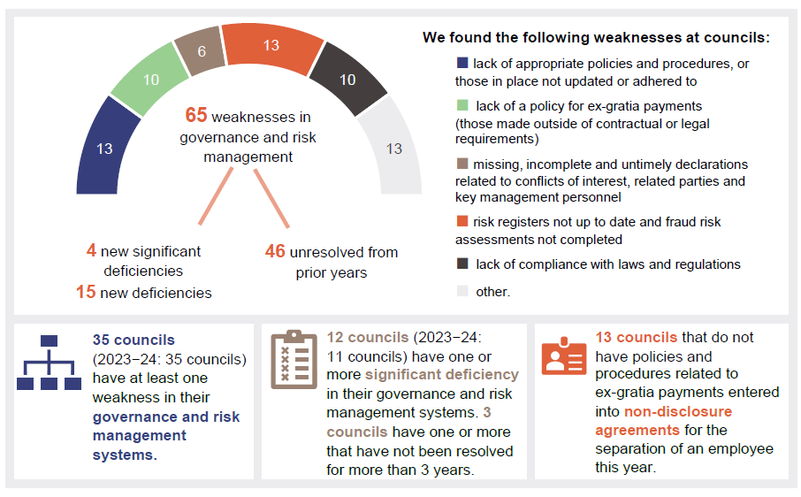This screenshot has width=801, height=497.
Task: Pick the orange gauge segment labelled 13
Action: pos(270,45)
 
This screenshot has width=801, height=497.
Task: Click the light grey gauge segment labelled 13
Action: pos(393,148)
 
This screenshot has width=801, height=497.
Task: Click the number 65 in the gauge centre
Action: pos(195,116)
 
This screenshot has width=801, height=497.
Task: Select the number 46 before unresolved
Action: pos(275,252)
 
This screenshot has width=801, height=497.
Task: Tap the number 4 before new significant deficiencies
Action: pos(91,251)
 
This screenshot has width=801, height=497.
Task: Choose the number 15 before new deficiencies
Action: pos(86,292)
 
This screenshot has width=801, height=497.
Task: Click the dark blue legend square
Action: pos(462,64)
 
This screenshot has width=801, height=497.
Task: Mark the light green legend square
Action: pos(462,106)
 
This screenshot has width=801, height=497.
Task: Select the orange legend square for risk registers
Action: pos(462,222)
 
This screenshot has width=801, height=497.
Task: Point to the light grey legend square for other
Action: pos(462,291)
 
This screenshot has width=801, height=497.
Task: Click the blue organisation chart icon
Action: pos(49,363)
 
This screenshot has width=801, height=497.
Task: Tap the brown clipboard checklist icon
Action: pos(294,360)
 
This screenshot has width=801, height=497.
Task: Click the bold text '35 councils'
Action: pos(133,340)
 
